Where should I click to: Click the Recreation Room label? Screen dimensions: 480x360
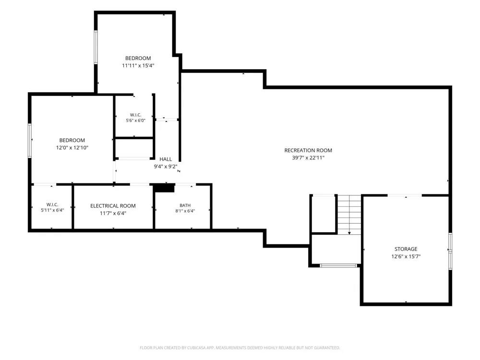coord(308,150)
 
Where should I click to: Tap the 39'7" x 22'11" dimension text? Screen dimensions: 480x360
coord(308,157)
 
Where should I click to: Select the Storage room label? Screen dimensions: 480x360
coord(406,249)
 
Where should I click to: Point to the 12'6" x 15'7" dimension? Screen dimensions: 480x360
coord(406,256)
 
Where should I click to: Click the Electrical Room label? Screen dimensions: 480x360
coord(113,206)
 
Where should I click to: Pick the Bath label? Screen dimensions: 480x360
coord(185,205)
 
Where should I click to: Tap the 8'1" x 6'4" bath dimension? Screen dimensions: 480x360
coord(185,211)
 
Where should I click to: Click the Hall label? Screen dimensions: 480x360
coord(166,159)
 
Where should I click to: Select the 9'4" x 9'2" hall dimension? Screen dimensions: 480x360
coord(165,167)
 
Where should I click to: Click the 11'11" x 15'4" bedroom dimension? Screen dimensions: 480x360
coord(138,65)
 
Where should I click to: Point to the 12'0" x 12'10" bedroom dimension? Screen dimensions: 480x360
coord(72,147)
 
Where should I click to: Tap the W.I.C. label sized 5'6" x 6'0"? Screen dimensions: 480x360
coord(136,115)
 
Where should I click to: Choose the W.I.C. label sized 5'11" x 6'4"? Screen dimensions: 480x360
coord(52,204)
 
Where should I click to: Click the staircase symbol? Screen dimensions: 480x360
coord(349,214)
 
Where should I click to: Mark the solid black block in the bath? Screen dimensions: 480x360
coord(164,188)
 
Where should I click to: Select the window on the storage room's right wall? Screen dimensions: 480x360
coord(450,252)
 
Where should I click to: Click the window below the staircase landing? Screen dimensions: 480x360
coord(338,265)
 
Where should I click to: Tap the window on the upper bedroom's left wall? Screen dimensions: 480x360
coord(96,47)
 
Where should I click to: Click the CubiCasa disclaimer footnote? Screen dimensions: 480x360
coord(240,348)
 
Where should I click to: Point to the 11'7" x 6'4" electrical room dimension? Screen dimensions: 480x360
coord(113,214)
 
